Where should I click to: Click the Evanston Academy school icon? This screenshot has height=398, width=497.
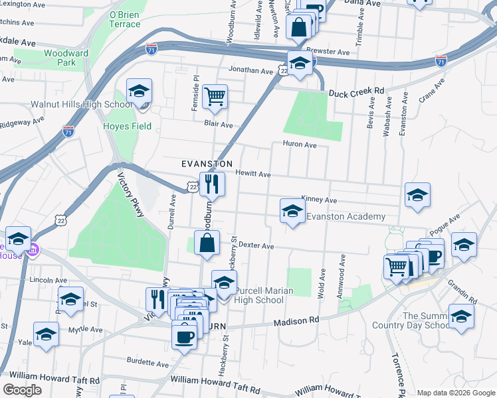click(x=292, y=212)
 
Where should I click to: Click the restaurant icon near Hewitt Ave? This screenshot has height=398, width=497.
click(x=212, y=183)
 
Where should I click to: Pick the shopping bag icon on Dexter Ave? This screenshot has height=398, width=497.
click(x=207, y=243)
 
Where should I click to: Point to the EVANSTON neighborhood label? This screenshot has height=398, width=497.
click(x=207, y=163)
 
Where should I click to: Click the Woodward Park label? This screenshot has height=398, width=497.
click(x=66, y=58)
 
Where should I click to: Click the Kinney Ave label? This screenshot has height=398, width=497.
click(x=319, y=200)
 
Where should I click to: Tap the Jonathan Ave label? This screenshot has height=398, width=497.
click(x=250, y=70)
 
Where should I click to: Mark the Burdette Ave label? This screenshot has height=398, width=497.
click(x=148, y=364)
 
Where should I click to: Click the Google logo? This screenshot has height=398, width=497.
click(x=22, y=390)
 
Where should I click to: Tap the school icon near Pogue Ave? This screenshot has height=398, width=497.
click(x=464, y=245)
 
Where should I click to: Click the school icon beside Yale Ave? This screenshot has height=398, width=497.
click(x=46, y=335)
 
